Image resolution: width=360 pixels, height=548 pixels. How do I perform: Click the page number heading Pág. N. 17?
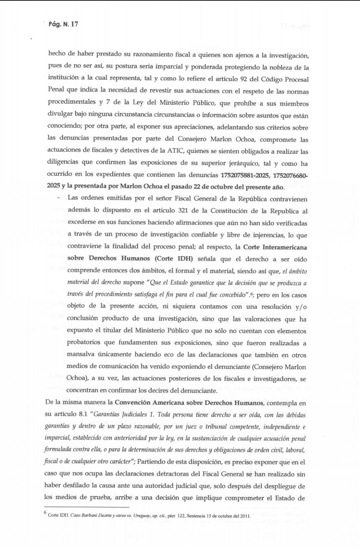pos(63,24)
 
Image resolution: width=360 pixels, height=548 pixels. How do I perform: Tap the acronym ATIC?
pos(176,151)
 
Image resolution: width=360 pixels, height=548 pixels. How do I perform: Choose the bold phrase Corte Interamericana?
pos(275,247)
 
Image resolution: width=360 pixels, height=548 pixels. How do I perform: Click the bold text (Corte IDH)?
pos(174,259)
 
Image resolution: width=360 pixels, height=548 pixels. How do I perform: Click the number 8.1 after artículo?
pos(83,414)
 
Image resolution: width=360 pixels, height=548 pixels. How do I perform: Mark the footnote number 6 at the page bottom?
pos(45,512)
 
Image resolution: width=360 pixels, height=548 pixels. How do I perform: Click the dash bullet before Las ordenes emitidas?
pos(59,198)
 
